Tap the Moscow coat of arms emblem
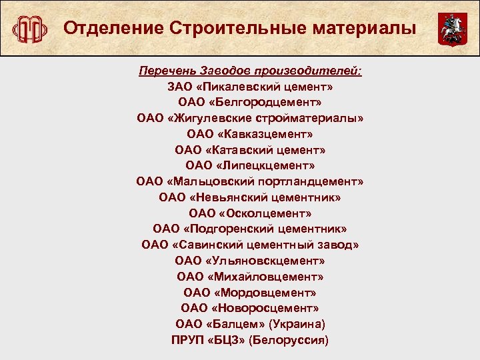(x=448, y=30)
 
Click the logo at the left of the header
(x=31, y=29)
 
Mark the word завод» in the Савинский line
(x=337, y=245)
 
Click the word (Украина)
(x=297, y=324)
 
